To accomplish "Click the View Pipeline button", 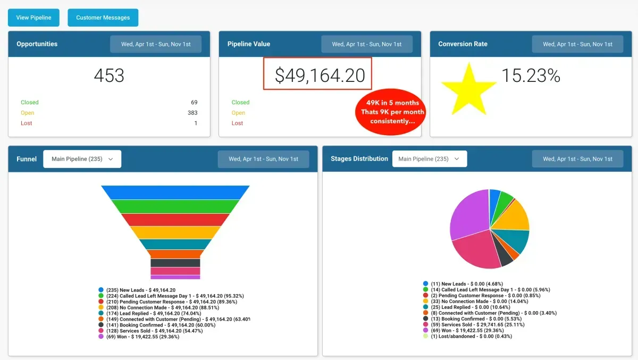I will coord(33,18).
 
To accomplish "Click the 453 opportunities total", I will coord(109,76).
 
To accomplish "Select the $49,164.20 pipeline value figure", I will coord(320,76).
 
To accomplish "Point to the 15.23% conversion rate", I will coord(531,76).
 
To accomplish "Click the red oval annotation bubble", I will coord(391,112).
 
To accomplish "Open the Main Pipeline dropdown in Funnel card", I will coord(82,159).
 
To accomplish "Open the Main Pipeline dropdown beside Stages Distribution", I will coord(429,159).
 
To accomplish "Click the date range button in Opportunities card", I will coord(156,44).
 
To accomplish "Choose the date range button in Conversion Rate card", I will coord(577,44).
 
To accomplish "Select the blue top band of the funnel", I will coord(175,192).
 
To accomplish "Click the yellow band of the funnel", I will coord(175,232).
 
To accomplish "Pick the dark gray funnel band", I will coord(175,263).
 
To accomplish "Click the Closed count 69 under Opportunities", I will coord(194,102).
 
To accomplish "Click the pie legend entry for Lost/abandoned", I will coord(460,336).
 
